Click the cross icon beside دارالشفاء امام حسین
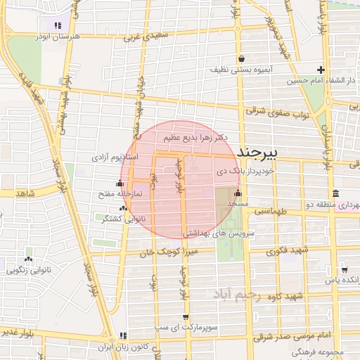click(x=321, y=70)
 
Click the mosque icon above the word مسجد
click(x=238, y=193)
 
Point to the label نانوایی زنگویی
click(x=29, y=269)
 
